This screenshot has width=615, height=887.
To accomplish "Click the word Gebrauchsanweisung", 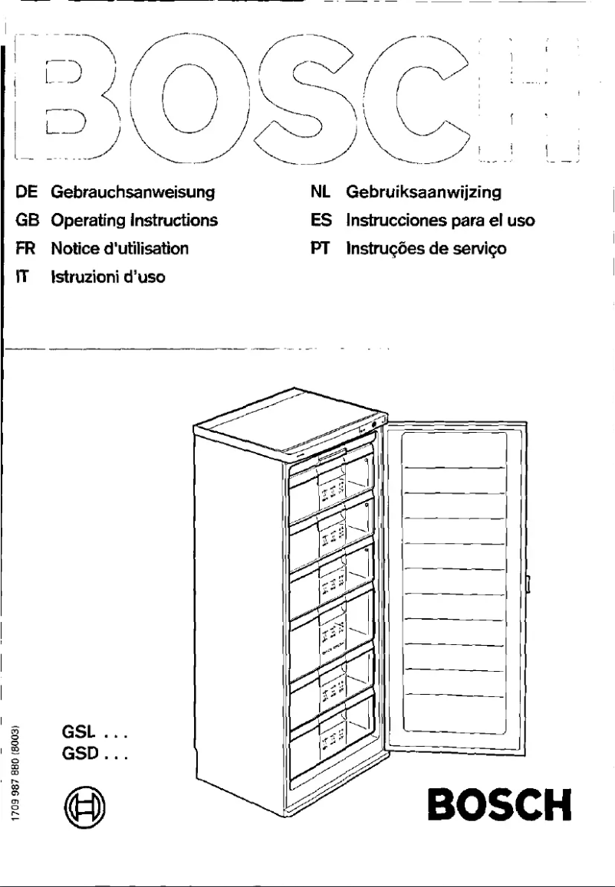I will [x=132, y=192].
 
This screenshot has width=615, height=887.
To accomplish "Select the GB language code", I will [x=27, y=221].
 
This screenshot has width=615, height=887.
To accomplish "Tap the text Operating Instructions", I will [x=134, y=221].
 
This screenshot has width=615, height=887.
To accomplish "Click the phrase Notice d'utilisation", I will [x=120, y=248].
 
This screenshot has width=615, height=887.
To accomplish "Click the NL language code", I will [x=320, y=192].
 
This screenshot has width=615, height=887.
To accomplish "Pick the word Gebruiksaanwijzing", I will [x=424, y=192].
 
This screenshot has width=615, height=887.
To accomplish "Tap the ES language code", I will [x=320, y=221].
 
